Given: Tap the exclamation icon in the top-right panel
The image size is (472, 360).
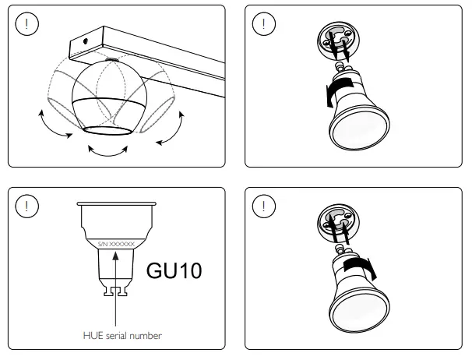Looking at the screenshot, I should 264,24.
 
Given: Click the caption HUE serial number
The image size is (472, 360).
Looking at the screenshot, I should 122,336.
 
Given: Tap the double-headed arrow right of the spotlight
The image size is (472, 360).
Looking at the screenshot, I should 171,128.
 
